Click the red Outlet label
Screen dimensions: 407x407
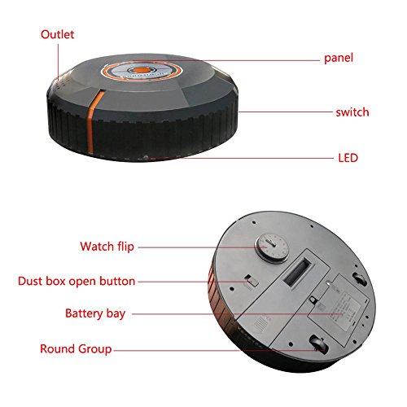[x=57, y=34]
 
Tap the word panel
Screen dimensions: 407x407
[x=339, y=58]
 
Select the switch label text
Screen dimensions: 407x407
[x=352, y=112]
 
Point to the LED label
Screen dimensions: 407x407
[x=348, y=158]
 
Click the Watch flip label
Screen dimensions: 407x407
[x=107, y=247]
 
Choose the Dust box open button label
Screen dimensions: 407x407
[x=77, y=281]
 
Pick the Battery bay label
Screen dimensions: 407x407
[x=95, y=313]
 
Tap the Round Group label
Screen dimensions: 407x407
[x=76, y=349]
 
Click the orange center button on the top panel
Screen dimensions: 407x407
[x=142, y=71]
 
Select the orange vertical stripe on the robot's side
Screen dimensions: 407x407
[x=95, y=120]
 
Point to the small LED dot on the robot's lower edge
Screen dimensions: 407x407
[x=146, y=157]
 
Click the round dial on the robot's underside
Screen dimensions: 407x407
[x=272, y=249]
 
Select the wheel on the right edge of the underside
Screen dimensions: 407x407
[x=361, y=279]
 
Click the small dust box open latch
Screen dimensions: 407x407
[x=252, y=281]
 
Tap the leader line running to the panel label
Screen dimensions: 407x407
[x=226, y=60]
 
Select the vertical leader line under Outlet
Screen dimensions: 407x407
[x=58, y=62]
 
